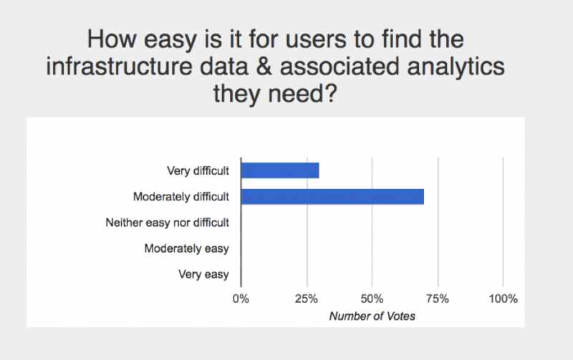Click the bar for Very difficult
click(280, 170)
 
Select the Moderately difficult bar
click(332, 196)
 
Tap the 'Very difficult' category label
click(197, 171)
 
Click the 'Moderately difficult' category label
click(181, 197)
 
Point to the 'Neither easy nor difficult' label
click(167, 223)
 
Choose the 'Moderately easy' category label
click(186, 248)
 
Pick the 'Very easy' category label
click(205, 274)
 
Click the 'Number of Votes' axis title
click(372, 316)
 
